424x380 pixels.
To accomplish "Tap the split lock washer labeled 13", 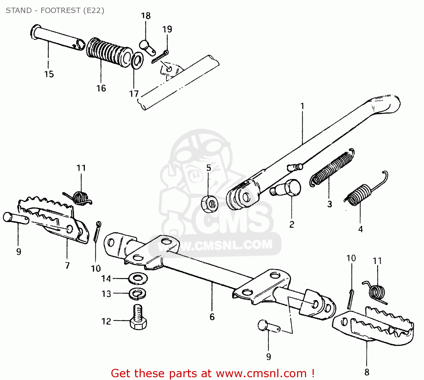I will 138,294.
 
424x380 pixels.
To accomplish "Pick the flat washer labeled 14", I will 138,279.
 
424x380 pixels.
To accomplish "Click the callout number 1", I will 302,106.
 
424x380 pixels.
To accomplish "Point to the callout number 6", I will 212,317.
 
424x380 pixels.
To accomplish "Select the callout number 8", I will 367,372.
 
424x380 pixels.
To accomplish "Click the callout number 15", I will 49,74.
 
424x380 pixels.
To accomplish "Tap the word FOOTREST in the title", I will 60,10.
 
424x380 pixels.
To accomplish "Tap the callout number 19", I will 167,29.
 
